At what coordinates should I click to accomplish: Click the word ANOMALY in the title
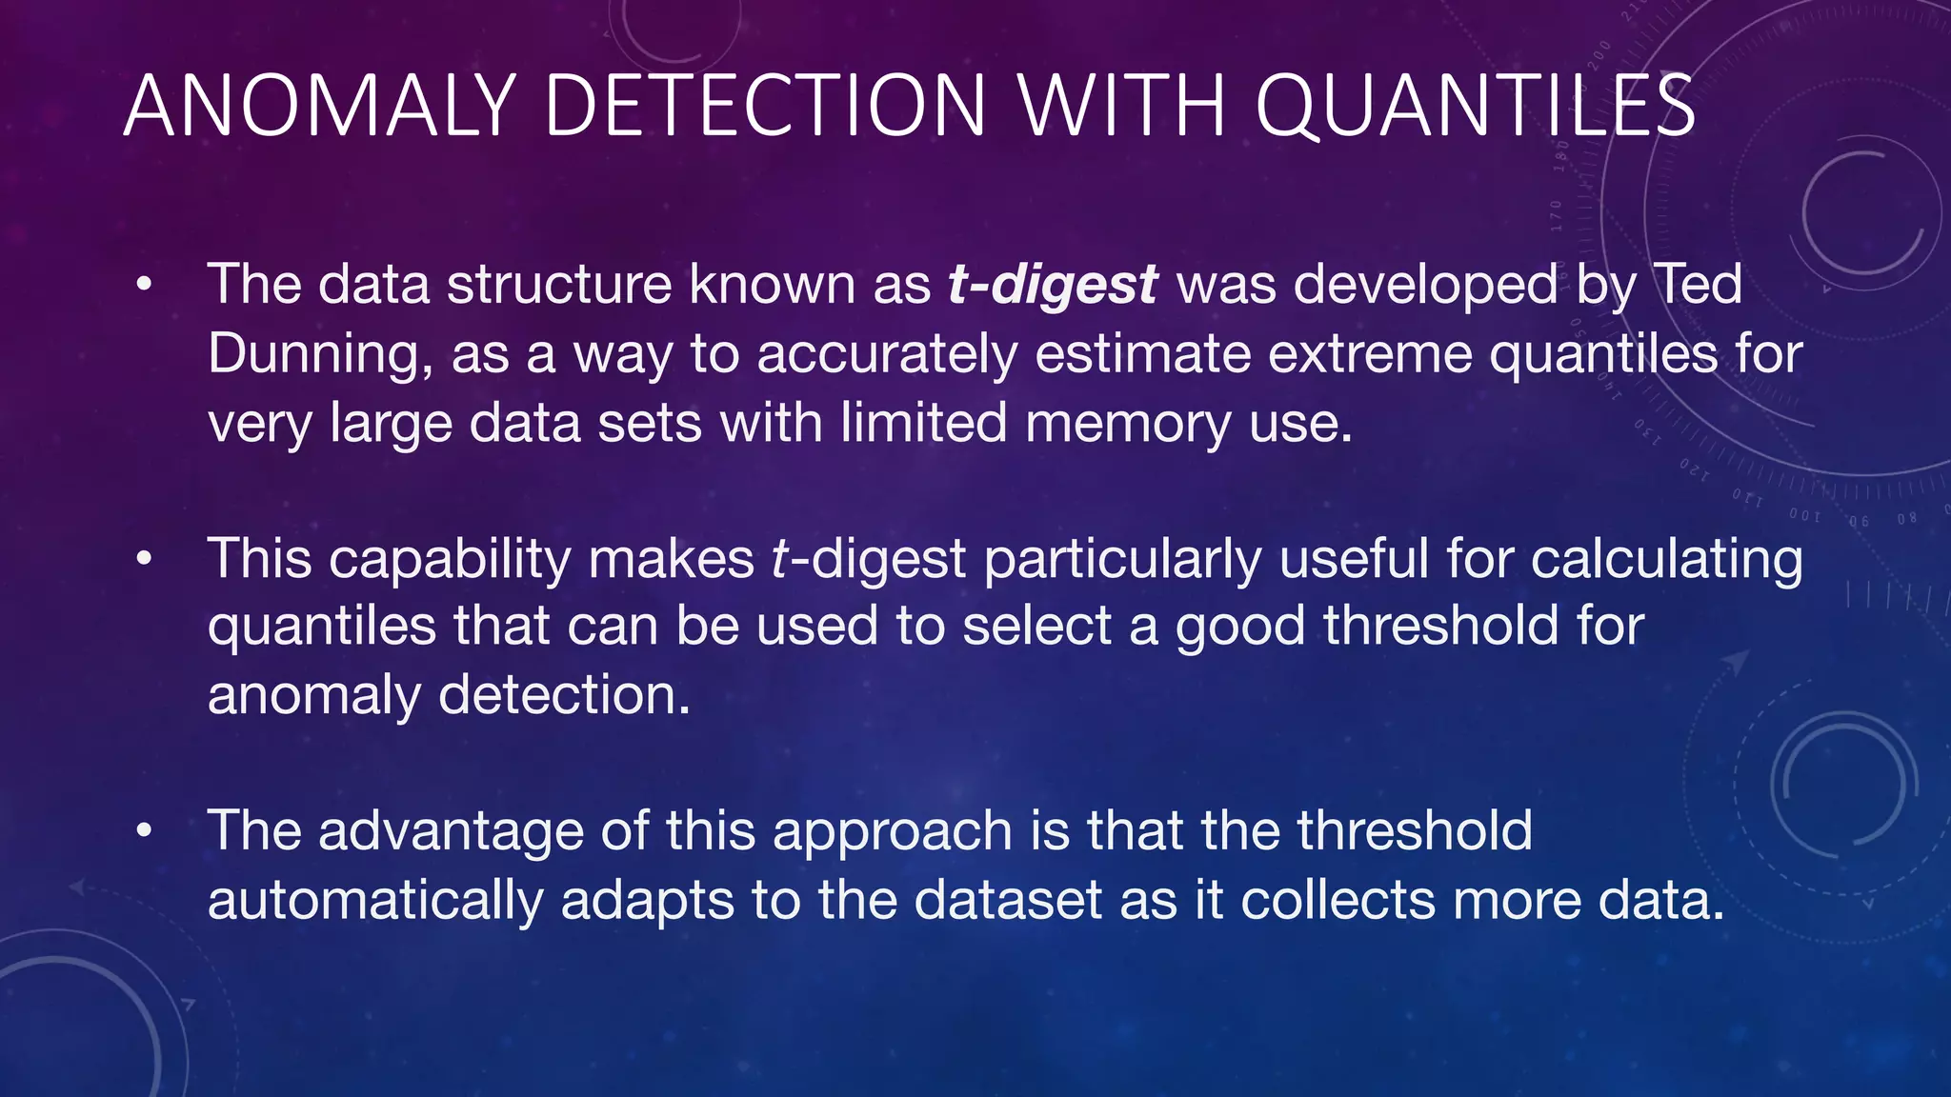tap(319, 106)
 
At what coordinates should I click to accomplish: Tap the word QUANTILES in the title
tap(1475, 106)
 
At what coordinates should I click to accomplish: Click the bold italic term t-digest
tap(1053, 285)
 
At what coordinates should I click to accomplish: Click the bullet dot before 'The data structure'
tap(144, 285)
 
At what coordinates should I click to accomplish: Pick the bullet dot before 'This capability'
tap(144, 559)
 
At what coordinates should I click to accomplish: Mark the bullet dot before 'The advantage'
tap(144, 831)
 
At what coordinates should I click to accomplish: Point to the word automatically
tap(375, 901)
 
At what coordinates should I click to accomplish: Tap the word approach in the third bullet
tap(892, 831)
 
